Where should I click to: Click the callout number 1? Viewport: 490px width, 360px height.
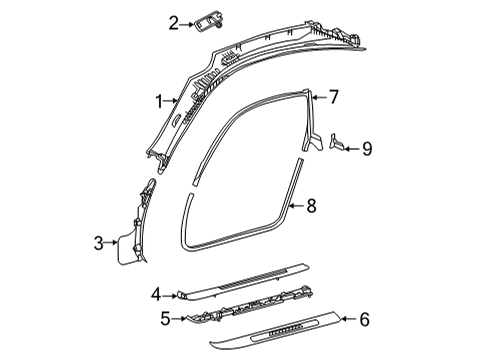(x=159, y=101)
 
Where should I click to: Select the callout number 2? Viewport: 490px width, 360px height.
(x=173, y=24)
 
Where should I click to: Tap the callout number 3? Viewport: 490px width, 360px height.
(x=99, y=243)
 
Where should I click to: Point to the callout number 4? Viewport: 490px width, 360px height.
(x=156, y=295)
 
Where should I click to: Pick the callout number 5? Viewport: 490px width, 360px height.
(x=165, y=319)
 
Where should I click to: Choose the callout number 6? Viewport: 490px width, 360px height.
(x=364, y=319)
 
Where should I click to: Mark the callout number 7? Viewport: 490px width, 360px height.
(x=333, y=97)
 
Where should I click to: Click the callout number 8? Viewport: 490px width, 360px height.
(x=311, y=205)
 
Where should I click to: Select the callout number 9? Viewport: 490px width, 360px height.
(x=367, y=149)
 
